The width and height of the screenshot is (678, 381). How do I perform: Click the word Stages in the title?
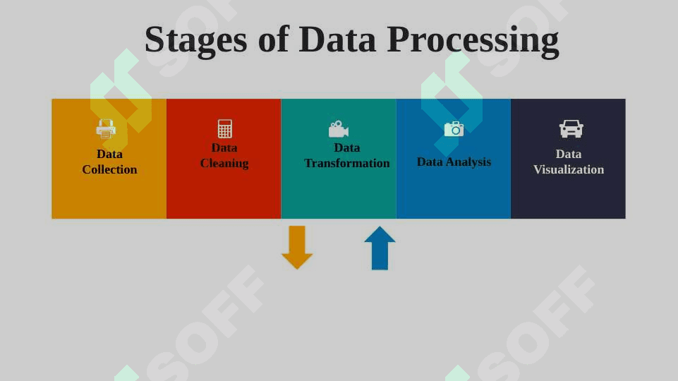(196, 40)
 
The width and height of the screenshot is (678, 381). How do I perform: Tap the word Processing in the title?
(473, 40)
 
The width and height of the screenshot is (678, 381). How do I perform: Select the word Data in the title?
(337, 40)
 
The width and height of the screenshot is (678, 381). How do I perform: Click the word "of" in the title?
(273, 40)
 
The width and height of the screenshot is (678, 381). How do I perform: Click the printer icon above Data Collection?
(106, 129)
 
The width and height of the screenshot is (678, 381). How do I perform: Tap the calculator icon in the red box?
(225, 129)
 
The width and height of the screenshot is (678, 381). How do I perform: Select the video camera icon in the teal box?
(339, 129)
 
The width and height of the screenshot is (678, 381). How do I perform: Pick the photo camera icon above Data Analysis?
(454, 129)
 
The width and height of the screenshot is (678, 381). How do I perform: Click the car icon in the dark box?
(571, 129)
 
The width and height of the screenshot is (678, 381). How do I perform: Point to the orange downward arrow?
(297, 248)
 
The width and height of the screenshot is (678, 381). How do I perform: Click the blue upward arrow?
(380, 248)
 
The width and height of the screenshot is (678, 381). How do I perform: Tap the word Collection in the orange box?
(109, 169)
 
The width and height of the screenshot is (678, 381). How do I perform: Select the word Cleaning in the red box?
(224, 164)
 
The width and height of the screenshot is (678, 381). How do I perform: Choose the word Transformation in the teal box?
(347, 163)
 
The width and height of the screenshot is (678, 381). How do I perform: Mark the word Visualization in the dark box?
(569, 169)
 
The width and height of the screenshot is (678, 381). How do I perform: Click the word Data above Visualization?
(569, 154)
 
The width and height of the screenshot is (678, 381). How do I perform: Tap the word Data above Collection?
(109, 154)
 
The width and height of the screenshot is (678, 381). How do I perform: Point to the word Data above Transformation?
(347, 147)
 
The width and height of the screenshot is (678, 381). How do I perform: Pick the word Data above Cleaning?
(224, 147)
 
